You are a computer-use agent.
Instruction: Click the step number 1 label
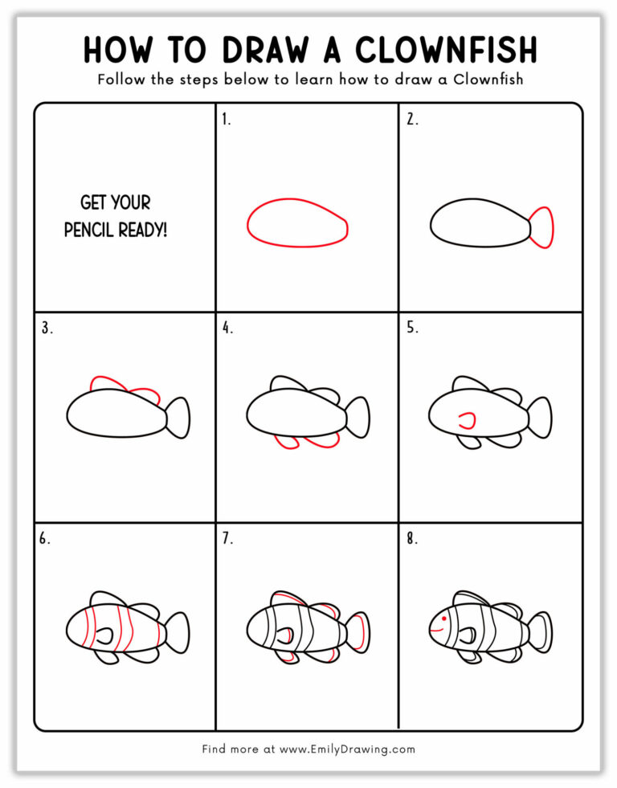[x=226, y=120]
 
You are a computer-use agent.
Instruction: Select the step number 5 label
[x=411, y=328]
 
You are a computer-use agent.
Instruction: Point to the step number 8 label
[x=411, y=539]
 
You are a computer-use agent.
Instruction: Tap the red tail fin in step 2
[x=543, y=227]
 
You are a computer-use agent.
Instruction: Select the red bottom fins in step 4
[x=306, y=441]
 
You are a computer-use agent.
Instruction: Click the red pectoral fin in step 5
[x=467, y=418]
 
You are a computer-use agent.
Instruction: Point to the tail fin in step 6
[x=178, y=628]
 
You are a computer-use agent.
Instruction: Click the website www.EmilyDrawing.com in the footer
[x=347, y=749]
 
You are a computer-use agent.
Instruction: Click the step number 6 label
[x=44, y=539]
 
